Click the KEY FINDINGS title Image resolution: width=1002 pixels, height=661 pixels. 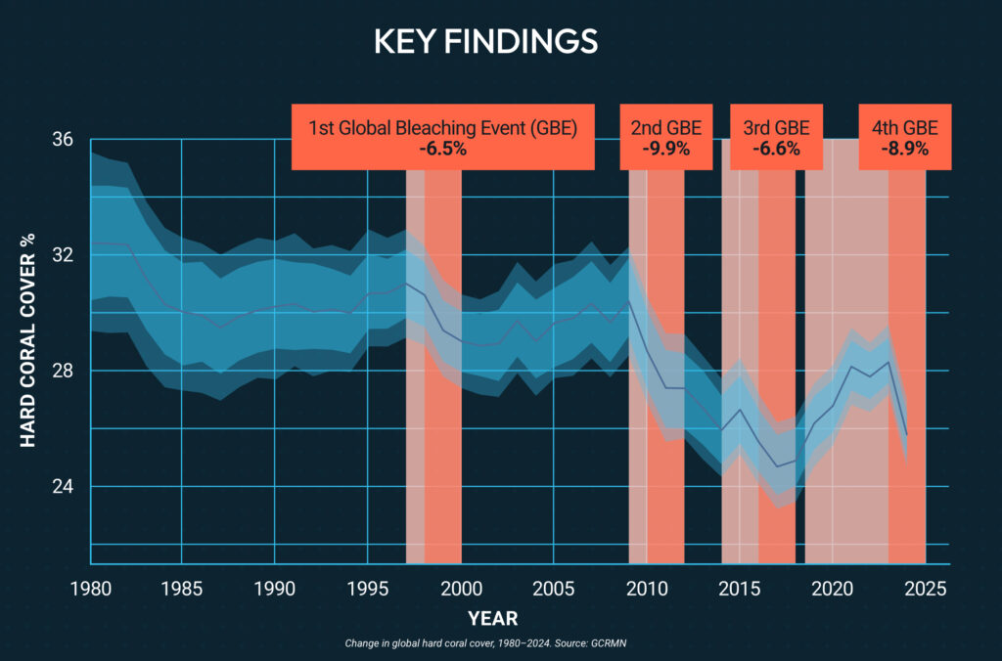(485, 41)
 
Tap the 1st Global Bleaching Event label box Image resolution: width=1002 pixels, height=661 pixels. (443, 137)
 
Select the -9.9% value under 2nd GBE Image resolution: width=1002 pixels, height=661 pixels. (665, 149)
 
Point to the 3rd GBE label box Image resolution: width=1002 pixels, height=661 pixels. (776, 137)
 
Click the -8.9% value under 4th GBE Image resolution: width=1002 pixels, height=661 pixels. (905, 149)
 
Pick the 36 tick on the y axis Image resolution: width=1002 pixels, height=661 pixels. (63, 139)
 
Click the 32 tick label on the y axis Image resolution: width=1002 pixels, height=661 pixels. (63, 255)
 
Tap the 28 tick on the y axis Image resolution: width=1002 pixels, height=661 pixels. (63, 371)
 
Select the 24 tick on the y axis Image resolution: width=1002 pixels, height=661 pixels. (63, 487)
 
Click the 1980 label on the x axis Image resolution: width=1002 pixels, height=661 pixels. (91, 589)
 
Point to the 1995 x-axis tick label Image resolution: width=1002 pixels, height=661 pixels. (368, 589)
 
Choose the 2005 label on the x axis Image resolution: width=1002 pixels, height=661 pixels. (554, 589)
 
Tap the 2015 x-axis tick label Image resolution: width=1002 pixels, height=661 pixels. (740, 589)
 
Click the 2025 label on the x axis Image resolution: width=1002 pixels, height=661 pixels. (926, 589)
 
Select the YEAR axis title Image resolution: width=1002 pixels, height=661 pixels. (493, 618)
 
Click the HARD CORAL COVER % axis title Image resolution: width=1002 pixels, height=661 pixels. (27, 340)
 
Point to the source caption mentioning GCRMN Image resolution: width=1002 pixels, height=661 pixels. (485, 643)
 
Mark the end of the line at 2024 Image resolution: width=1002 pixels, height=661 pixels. (907, 435)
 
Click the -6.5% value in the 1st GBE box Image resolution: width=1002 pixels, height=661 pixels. (443, 149)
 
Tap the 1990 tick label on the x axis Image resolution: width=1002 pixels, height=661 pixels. (275, 589)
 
